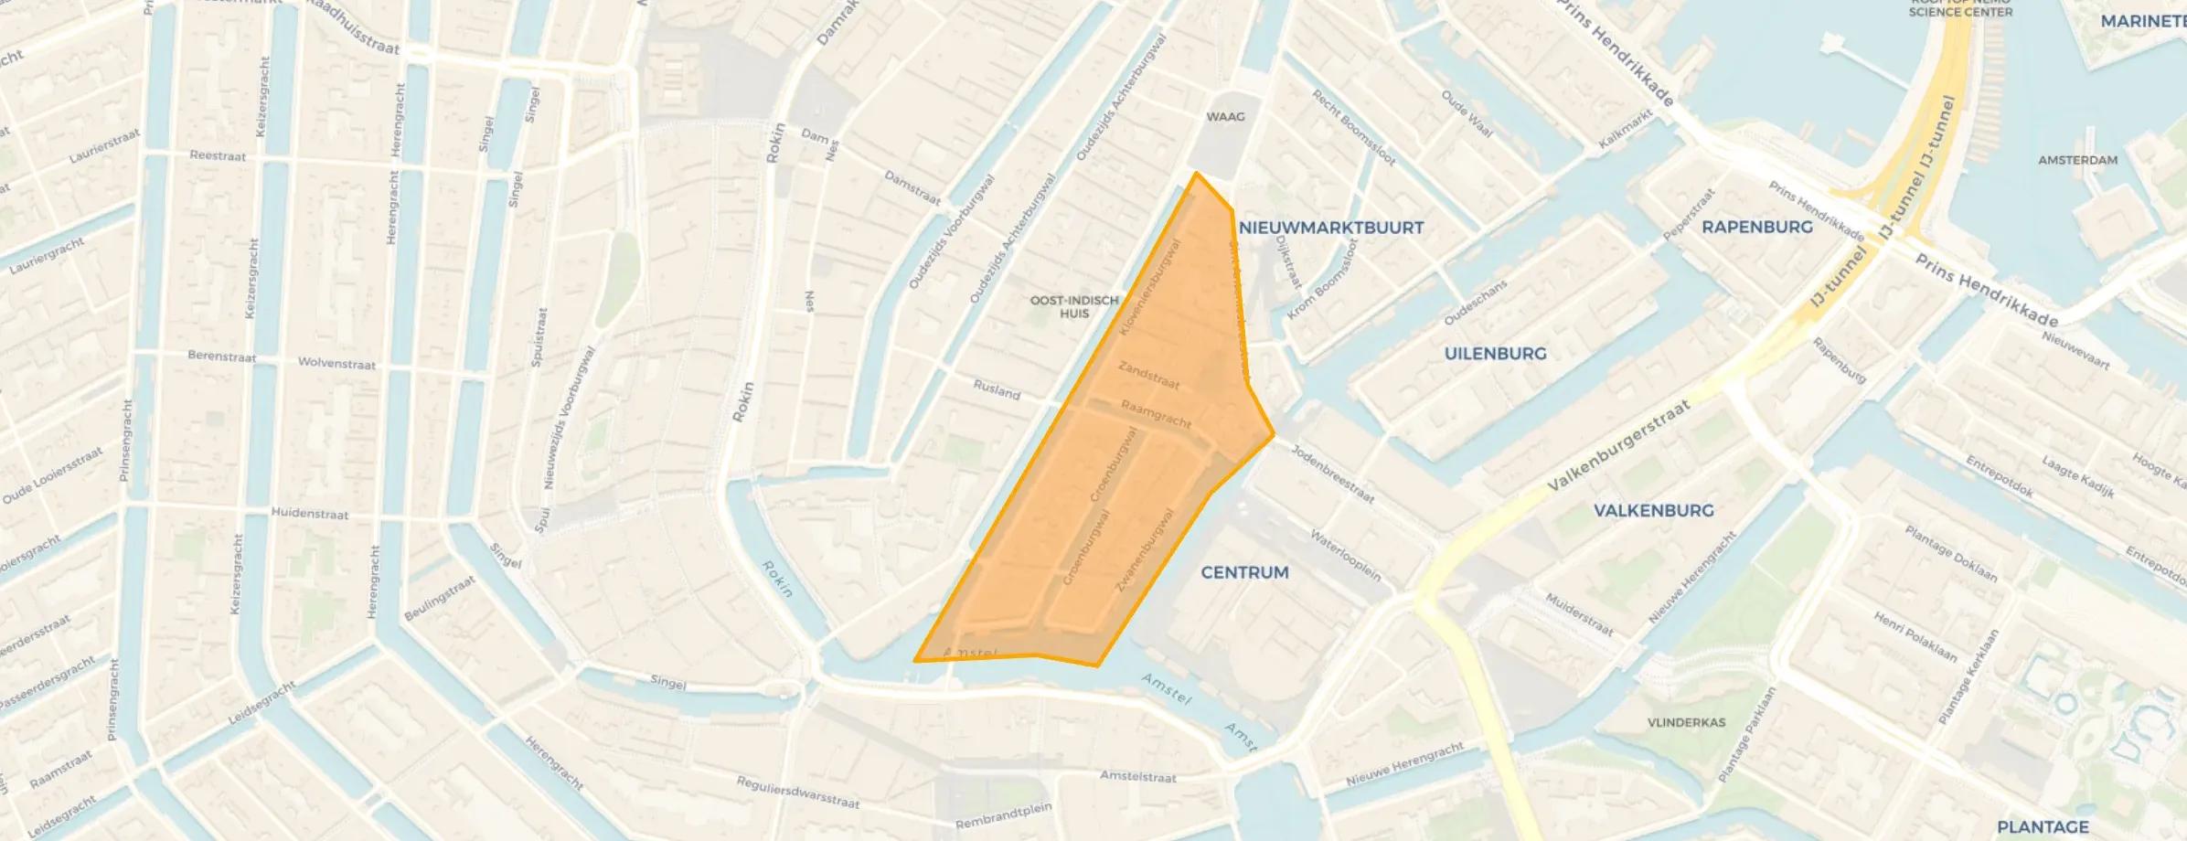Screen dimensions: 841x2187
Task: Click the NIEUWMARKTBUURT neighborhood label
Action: point(1330,228)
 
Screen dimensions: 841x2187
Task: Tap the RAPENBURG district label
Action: point(1756,227)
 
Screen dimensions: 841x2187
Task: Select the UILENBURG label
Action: point(1495,354)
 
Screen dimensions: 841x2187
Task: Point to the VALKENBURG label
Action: point(1653,510)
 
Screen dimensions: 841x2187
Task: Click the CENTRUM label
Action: point(1244,572)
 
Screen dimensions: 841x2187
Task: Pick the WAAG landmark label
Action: point(1225,117)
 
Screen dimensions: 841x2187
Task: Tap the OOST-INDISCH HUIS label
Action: point(1074,306)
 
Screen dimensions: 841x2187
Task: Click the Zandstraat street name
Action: point(1148,375)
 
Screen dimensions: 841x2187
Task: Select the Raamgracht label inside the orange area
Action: point(1156,414)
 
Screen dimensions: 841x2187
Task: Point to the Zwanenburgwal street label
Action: point(1145,549)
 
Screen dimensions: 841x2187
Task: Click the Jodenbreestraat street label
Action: point(1332,474)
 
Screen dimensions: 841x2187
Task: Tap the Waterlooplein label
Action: point(1345,555)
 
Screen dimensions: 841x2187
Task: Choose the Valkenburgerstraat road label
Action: point(1617,445)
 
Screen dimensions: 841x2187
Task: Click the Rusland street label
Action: point(996,390)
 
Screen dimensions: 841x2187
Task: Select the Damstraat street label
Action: point(912,187)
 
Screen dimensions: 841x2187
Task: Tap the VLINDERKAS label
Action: point(1686,722)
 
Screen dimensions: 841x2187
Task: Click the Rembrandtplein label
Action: point(1003,815)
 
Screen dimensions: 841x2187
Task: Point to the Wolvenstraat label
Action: point(336,363)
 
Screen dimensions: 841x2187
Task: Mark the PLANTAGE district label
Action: point(2042,826)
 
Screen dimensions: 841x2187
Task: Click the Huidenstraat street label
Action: point(309,514)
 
